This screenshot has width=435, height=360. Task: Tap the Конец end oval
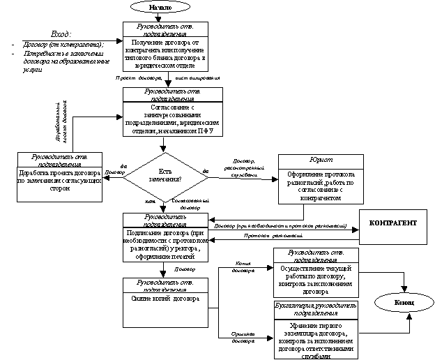click(404, 303)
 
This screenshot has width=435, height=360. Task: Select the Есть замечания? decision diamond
click(165, 176)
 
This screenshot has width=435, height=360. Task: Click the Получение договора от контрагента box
click(166, 54)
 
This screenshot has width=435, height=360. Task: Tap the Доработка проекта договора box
click(59, 183)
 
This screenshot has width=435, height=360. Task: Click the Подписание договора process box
click(166, 245)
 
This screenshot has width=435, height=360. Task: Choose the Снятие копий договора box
click(166, 310)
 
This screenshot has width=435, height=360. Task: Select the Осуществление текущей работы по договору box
click(316, 279)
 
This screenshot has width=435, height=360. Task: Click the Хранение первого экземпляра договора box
click(316, 338)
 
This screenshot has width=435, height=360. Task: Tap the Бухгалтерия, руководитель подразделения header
click(316, 310)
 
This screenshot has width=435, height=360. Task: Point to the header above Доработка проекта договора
click(59, 160)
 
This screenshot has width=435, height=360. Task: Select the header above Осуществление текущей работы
click(316, 255)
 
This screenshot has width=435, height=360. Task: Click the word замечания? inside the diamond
click(165, 180)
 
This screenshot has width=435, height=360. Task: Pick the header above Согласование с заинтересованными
click(172, 95)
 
